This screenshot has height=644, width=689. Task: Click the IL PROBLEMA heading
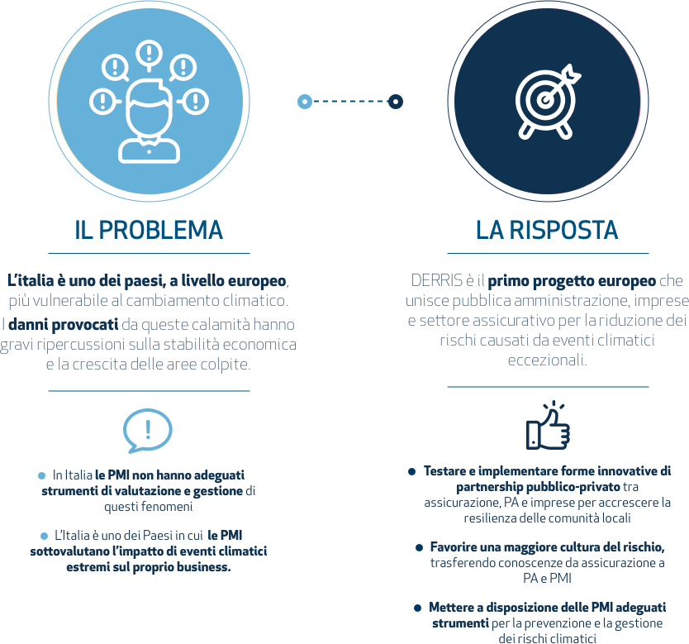(x=149, y=230)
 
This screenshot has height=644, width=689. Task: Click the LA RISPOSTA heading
(x=547, y=230)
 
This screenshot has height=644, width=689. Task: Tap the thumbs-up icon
(x=548, y=426)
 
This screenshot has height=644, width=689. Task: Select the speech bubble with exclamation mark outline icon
(x=147, y=431)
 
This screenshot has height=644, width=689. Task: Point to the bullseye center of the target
(x=545, y=100)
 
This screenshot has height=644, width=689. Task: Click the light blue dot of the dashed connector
(x=305, y=102)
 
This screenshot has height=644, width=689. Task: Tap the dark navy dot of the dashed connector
(x=396, y=102)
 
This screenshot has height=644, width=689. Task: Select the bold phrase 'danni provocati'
(x=64, y=324)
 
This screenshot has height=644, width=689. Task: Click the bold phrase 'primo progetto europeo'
(x=572, y=281)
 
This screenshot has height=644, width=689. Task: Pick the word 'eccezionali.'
(x=547, y=360)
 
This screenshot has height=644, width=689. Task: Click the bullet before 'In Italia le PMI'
(x=42, y=475)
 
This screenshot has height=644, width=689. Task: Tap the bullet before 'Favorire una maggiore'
(x=419, y=548)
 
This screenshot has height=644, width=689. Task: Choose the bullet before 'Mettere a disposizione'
(x=417, y=608)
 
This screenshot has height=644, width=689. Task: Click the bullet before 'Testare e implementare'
(x=411, y=472)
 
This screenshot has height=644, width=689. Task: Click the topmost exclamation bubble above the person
(x=149, y=55)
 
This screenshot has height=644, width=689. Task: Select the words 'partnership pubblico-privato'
(x=538, y=487)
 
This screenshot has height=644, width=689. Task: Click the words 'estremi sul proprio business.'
(x=149, y=567)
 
